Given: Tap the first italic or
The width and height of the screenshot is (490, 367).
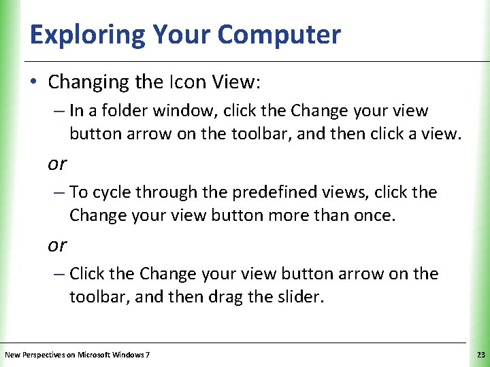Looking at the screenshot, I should [x=57, y=164].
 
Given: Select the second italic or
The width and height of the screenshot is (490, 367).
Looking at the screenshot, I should [x=57, y=245].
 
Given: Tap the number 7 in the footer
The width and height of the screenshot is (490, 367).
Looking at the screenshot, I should [x=148, y=355].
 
